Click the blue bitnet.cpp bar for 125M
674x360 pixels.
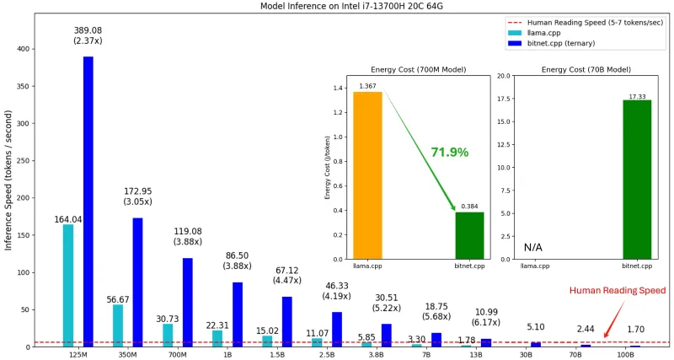tap(88, 201)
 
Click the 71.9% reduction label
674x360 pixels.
tap(449, 153)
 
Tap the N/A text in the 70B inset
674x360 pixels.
tap(532, 248)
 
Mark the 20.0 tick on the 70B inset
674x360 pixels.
tap(504, 76)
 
